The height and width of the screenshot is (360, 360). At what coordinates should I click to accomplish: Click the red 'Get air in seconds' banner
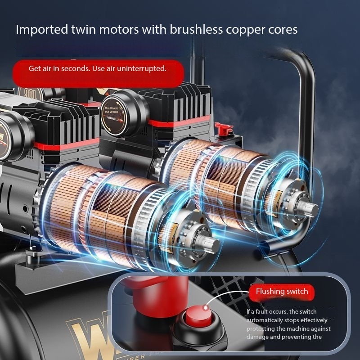[98, 69]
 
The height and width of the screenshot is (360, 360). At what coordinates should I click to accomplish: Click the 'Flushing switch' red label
[282, 291]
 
